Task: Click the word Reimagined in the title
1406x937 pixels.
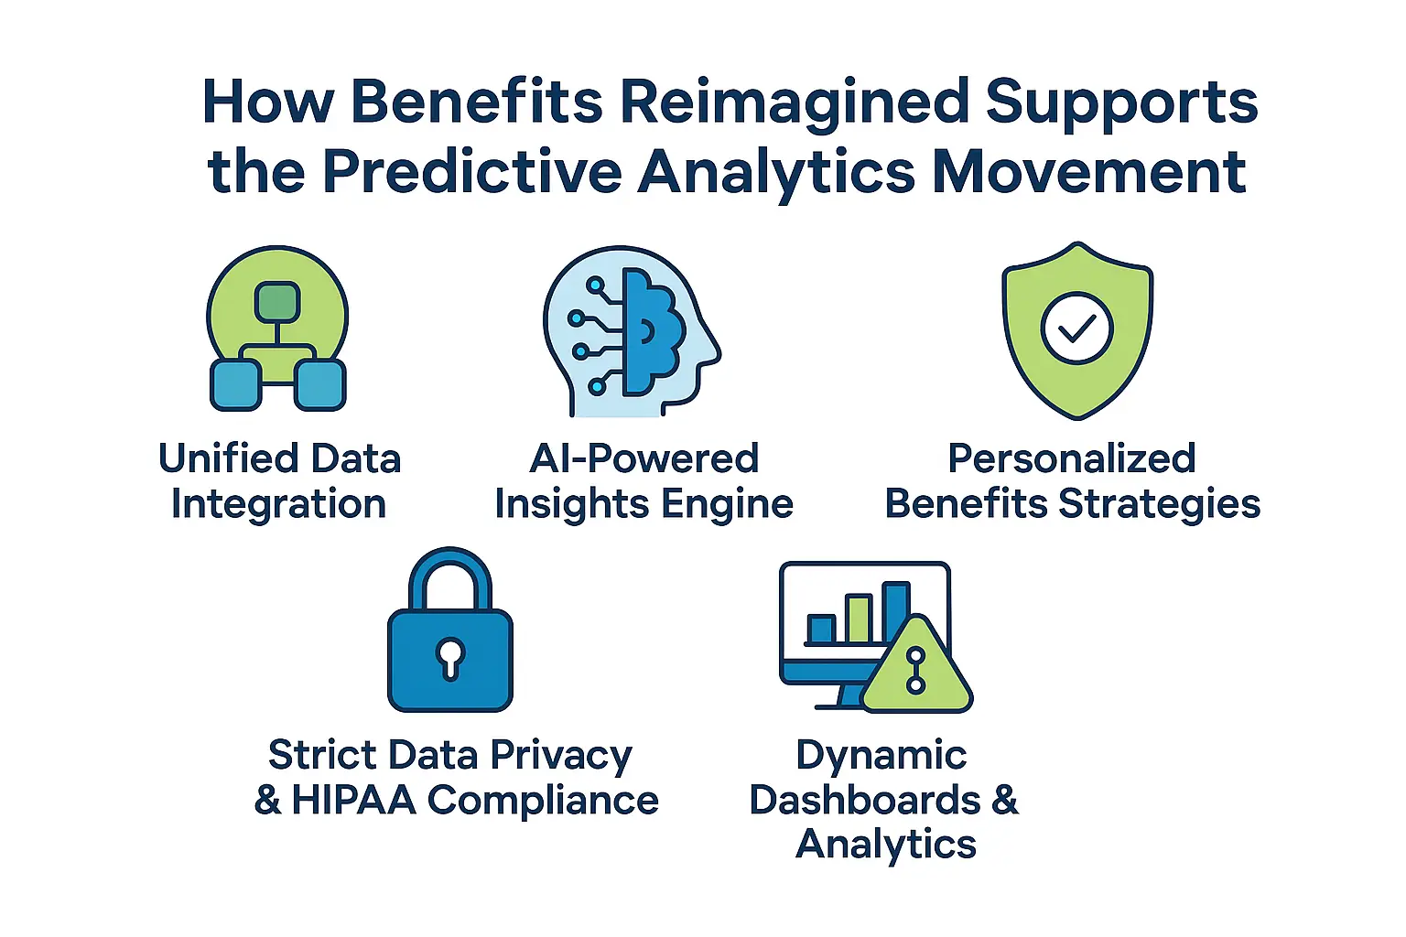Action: click(x=794, y=102)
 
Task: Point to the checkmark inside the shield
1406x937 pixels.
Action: click(x=1077, y=328)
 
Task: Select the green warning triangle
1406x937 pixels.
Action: click(x=916, y=668)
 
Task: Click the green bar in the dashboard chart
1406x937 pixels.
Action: click(x=858, y=619)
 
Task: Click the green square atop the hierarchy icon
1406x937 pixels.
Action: click(x=277, y=302)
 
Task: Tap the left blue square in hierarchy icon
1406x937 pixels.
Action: click(x=235, y=385)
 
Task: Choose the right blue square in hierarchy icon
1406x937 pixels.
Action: click(x=319, y=385)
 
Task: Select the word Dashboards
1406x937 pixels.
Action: click(x=864, y=801)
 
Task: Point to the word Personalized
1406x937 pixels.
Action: click(x=1071, y=458)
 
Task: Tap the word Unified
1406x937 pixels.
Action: click(x=228, y=458)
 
